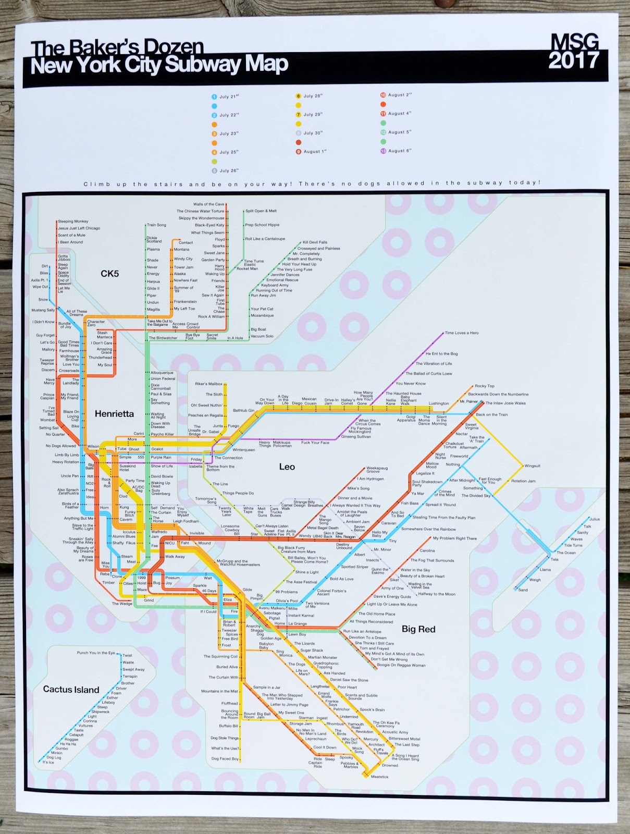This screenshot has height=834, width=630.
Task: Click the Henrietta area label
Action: tap(114, 414)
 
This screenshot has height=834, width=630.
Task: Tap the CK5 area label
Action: tap(110, 273)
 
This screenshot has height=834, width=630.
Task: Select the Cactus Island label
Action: tap(71, 690)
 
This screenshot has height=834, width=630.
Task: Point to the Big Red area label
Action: tap(418, 629)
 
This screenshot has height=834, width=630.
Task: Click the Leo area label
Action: tap(287, 467)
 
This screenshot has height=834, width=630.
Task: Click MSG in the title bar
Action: tap(574, 42)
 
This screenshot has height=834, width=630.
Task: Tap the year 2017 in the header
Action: tap(574, 61)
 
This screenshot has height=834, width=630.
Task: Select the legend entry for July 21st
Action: tap(228, 96)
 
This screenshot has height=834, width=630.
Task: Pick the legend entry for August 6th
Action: tap(399, 151)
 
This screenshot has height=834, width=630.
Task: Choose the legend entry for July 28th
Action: tap(313, 96)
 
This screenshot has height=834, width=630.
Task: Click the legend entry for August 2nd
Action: tap(399, 95)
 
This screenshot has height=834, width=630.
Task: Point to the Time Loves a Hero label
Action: tap(461, 333)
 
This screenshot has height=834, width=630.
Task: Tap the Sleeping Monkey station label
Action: tap(73, 222)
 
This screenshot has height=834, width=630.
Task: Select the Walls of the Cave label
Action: tap(208, 204)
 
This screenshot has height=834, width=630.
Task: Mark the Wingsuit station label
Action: tap(532, 465)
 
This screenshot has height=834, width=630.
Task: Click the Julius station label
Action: tap(595, 519)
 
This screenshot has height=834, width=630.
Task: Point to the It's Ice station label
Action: tap(48, 762)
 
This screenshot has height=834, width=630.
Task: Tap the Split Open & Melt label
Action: tap(261, 211)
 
